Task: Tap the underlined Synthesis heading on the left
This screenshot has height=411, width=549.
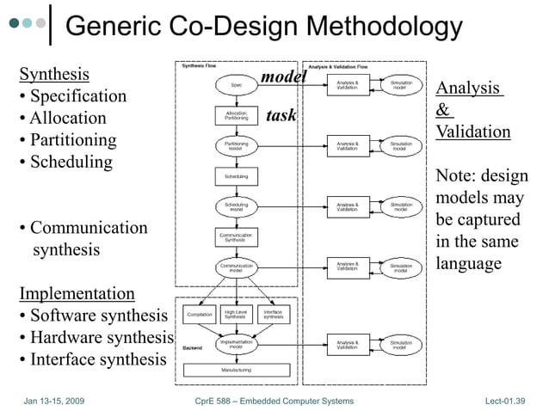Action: pyautogui.click(x=54, y=73)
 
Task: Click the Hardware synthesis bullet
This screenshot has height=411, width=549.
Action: pyautogui.click(x=96, y=337)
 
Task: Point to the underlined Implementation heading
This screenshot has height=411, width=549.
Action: pyautogui.click(x=77, y=294)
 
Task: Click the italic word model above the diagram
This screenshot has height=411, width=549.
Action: pyautogui.click(x=284, y=77)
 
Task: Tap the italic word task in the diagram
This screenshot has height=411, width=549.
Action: pyautogui.click(x=281, y=115)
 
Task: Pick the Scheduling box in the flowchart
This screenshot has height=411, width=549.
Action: pyautogui.click(x=236, y=176)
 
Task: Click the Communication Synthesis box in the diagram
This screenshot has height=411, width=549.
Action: pyautogui.click(x=236, y=237)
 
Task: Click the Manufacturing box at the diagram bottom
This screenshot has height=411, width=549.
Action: pyautogui.click(x=236, y=370)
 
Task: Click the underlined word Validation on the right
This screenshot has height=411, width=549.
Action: pyautogui.click(x=473, y=132)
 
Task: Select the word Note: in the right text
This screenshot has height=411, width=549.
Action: pyautogui.click(x=457, y=175)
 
